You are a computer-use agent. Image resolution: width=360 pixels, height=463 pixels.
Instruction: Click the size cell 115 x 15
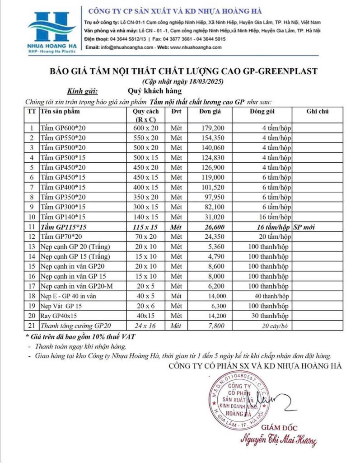(146, 227)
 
